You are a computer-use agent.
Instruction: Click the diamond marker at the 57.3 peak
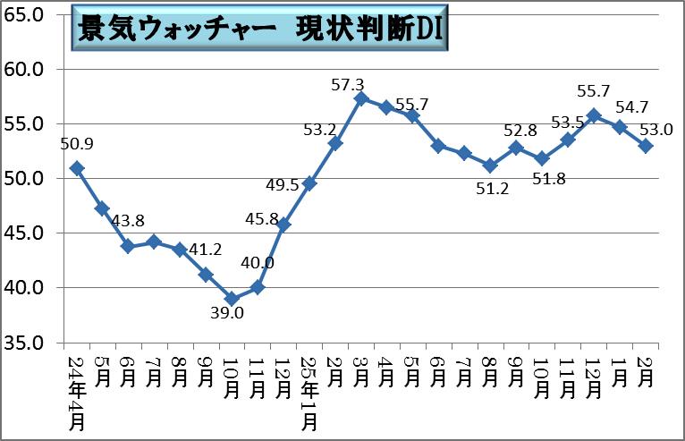[x=360, y=98]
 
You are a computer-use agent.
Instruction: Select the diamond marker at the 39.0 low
[x=231, y=299]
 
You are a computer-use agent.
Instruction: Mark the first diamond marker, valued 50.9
[x=76, y=168]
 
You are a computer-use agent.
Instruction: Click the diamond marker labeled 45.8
[x=283, y=225]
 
